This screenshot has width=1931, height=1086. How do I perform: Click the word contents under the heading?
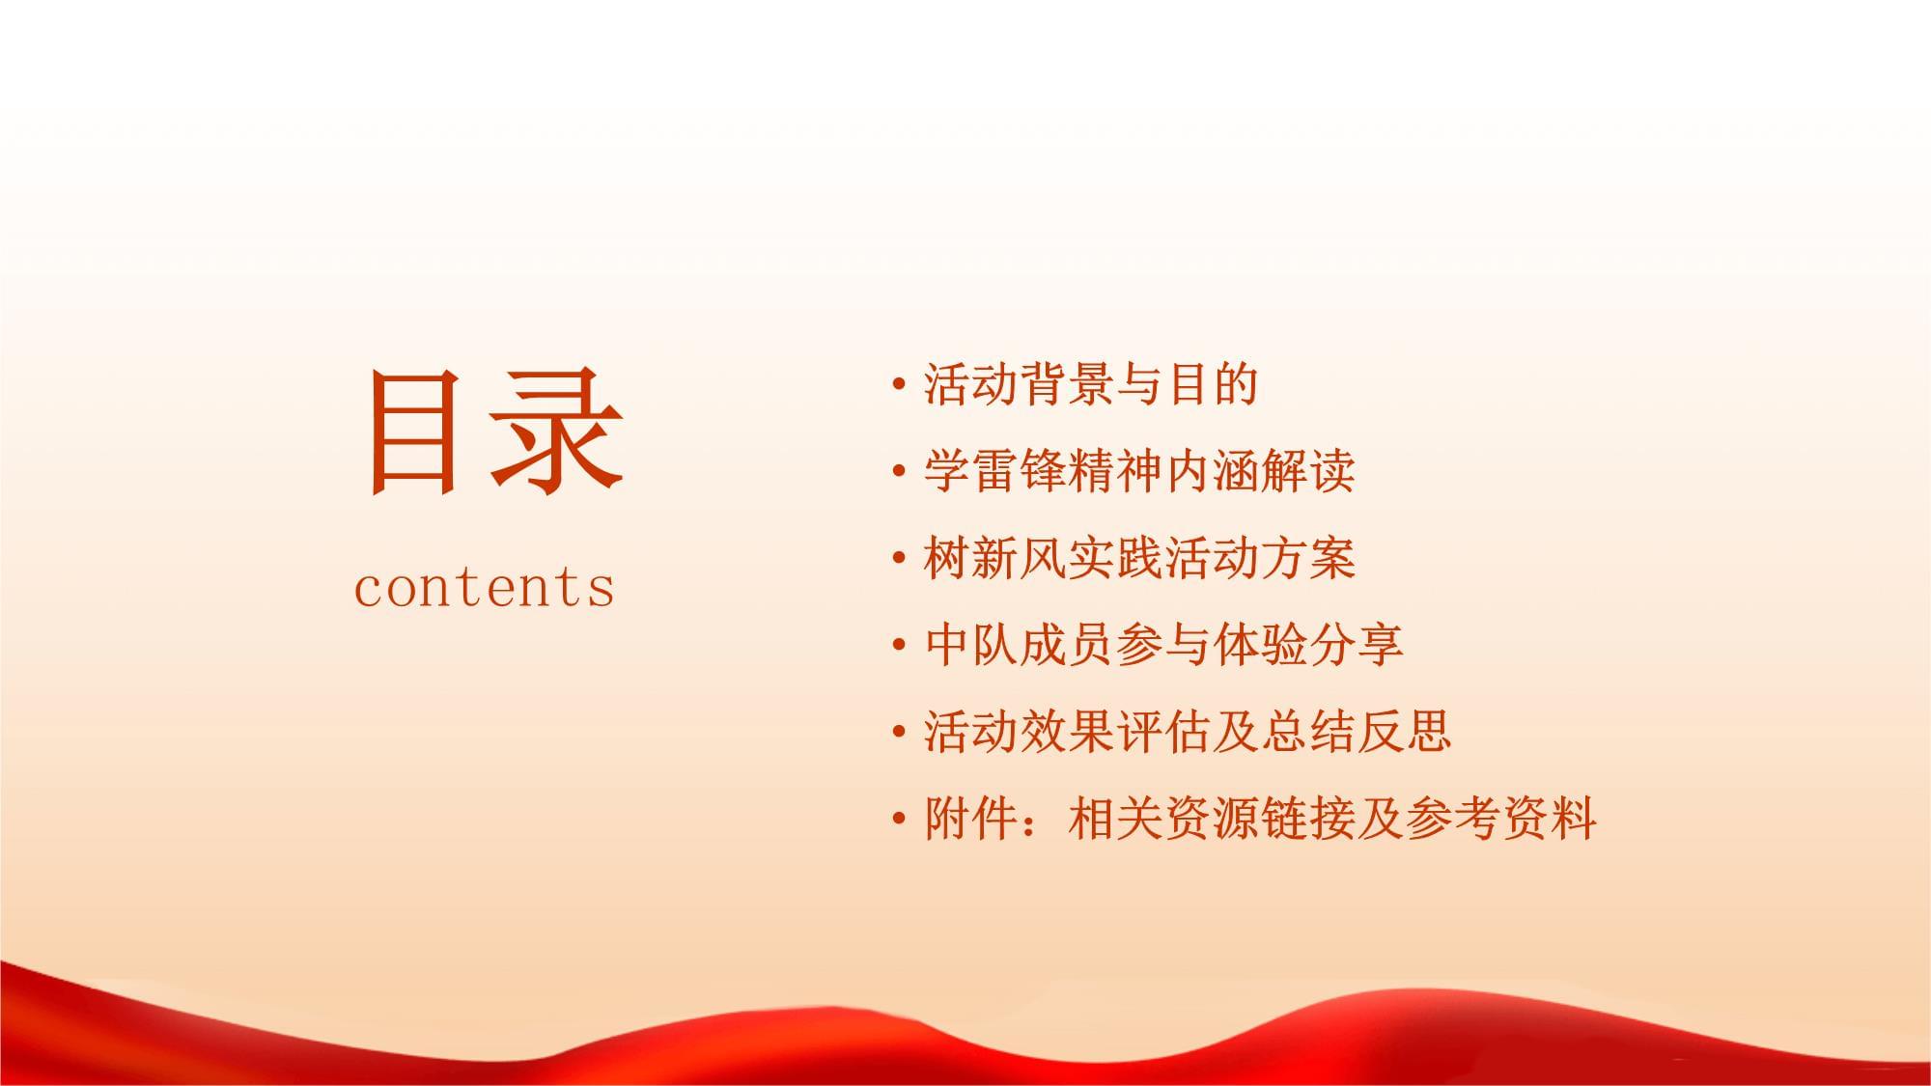click(485, 586)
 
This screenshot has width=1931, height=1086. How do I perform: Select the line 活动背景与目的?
click(1091, 384)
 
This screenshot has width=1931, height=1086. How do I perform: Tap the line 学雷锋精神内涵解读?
click(1139, 471)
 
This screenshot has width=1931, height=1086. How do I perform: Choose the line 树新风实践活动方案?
click(1139, 558)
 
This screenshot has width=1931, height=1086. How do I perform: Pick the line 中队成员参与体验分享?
click(1163, 645)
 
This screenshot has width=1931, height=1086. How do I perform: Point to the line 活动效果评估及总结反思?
click(1188, 732)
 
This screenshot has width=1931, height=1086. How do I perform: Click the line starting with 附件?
click(1260, 819)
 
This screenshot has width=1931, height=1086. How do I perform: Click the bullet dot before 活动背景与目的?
click(899, 385)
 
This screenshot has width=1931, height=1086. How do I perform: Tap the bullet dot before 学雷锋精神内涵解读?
click(899, 472)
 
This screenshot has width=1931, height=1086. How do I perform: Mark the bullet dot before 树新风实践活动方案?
click(899, 559)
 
